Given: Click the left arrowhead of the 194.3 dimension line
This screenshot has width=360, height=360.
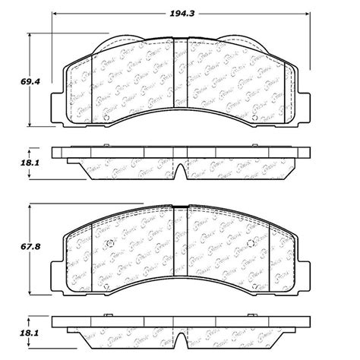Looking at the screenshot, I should click(55, 24).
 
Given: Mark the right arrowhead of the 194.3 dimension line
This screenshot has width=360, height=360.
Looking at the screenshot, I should click(308, 24).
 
